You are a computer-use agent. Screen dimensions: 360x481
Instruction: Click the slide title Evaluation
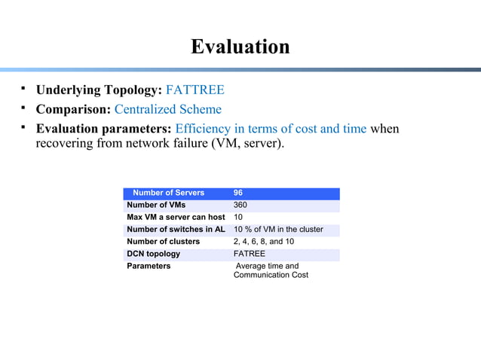click(240, 47)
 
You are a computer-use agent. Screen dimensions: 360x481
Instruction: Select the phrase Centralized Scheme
click(167, 109)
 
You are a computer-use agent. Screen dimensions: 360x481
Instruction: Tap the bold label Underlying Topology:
click(99, 90)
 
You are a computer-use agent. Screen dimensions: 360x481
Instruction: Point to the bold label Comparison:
click(73, 109)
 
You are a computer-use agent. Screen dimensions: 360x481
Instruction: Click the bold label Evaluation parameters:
click(104, 129)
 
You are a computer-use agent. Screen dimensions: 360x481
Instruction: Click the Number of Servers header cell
click(168, 193)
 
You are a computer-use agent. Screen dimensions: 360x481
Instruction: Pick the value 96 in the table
click(238, 193)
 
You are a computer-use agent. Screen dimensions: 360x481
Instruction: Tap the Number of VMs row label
click(156, 205)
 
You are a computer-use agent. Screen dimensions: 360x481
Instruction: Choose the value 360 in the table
click(240, 205)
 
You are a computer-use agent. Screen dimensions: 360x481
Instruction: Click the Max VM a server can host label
click(176, 217)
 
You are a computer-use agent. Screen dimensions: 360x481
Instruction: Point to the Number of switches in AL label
click(176, 229)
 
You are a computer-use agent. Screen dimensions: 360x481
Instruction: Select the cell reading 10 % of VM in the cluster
click(278, 229)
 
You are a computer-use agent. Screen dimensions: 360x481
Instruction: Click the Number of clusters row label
click(164, 242)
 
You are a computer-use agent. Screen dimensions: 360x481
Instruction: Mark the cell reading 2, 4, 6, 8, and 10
click(264, 242)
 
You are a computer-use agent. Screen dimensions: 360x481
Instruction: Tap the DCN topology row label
click(154, 254)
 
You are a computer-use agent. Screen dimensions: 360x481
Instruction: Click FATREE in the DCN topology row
click(250, 254)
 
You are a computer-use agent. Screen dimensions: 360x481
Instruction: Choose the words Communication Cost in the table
click(271, 275)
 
